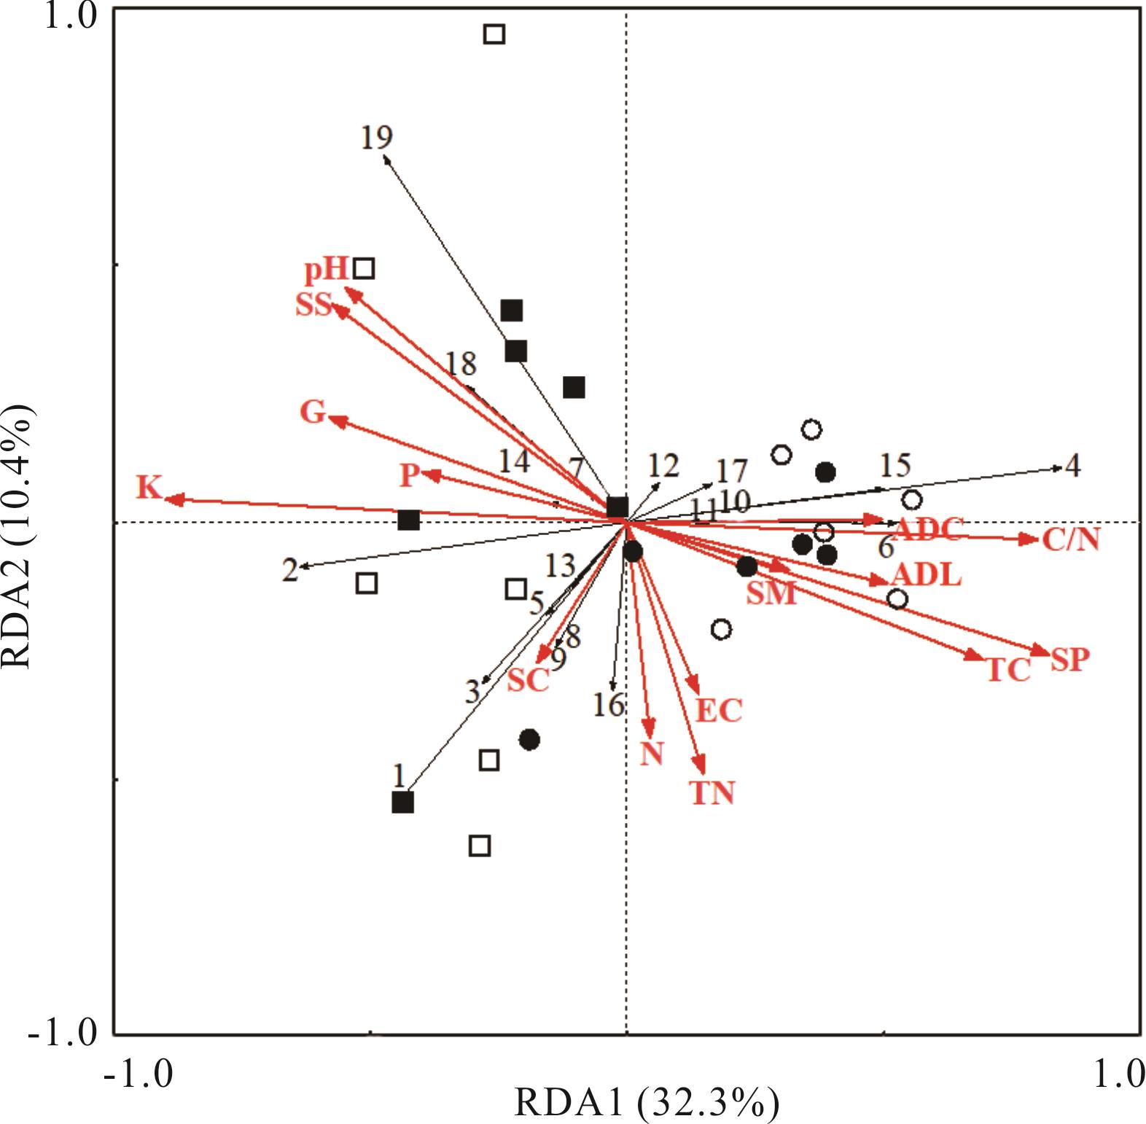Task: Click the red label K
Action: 149,487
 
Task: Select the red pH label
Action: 326,270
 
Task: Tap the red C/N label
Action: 1070,540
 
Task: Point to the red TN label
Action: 712,792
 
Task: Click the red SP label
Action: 1069,660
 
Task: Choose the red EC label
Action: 719,710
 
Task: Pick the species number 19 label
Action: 377,136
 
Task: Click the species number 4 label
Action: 1072,466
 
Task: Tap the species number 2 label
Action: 290,570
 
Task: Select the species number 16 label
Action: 609,705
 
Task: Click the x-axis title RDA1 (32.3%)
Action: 647,1103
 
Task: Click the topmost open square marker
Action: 494,34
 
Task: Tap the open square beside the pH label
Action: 365,268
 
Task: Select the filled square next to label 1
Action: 402,803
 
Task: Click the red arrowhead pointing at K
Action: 172,499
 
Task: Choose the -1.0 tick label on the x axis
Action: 139,1074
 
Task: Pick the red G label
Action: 313,413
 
